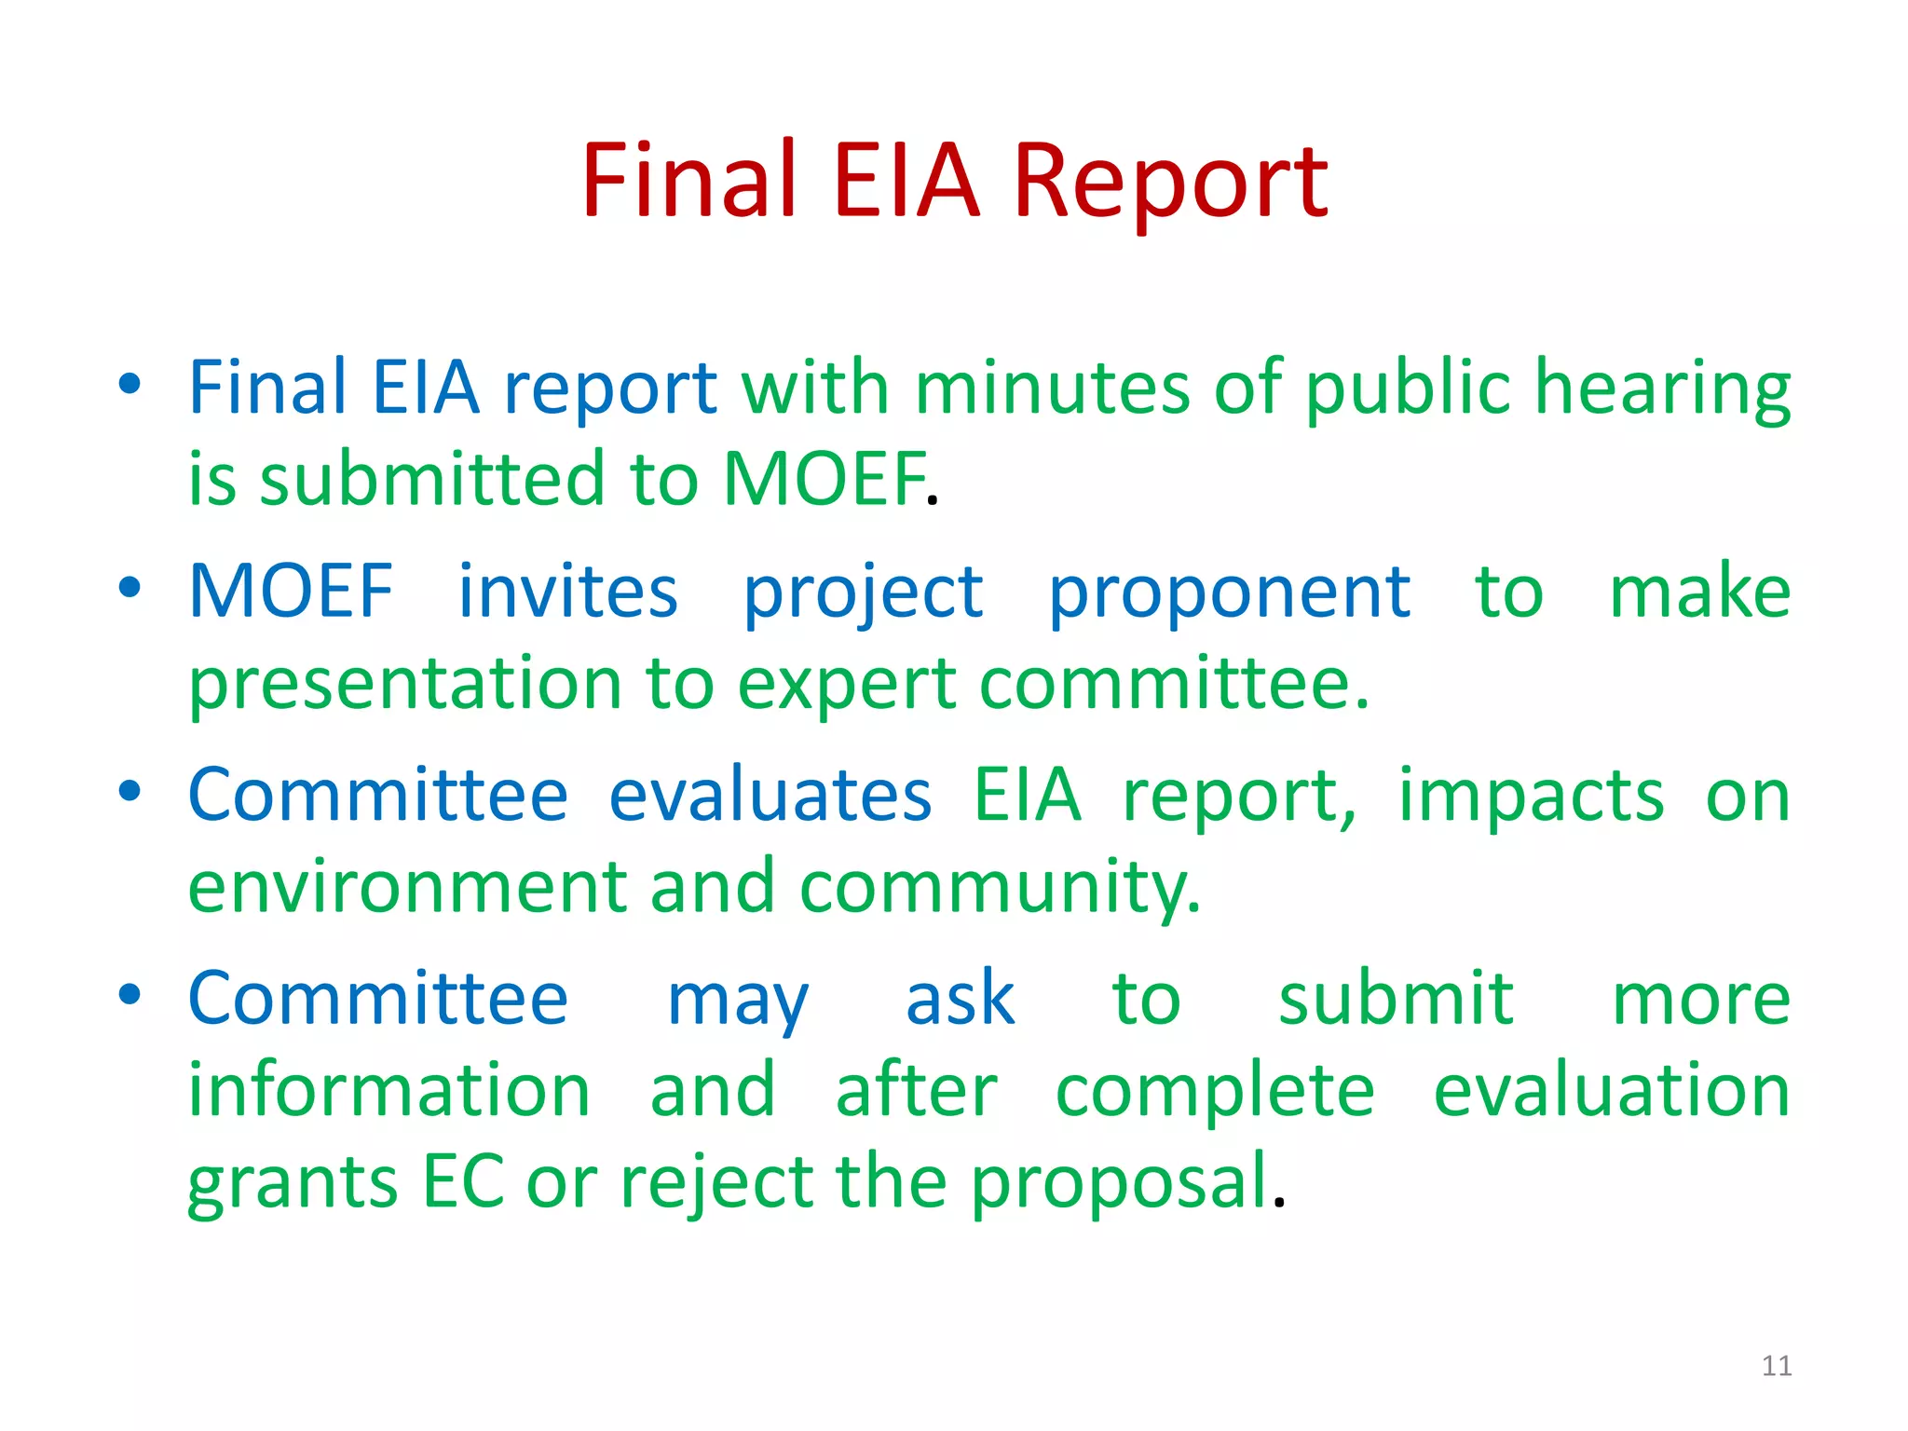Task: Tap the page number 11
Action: (x=1777, y=1366)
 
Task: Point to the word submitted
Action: (x=432, y=479)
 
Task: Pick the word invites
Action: (x=568, y=593)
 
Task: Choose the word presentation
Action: (x=404, y=685)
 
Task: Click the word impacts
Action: (x=1532, y=797)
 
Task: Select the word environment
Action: (x=407, y=887)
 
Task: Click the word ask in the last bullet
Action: (x=961, y=999)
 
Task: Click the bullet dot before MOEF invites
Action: (x=130, y=588)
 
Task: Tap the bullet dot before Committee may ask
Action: (x=130, y=994)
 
